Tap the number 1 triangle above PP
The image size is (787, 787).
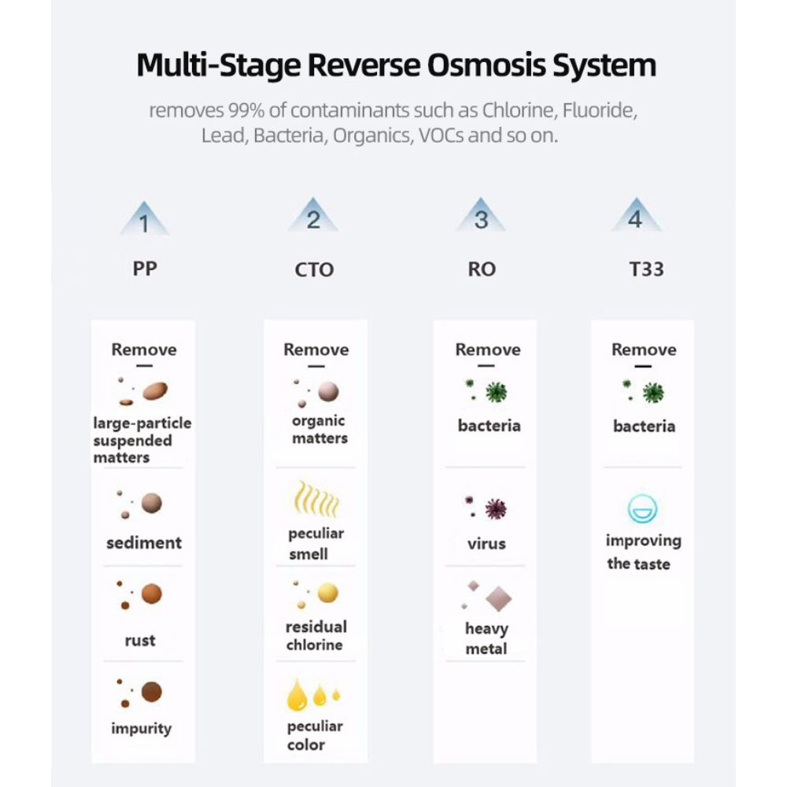pos(144,220)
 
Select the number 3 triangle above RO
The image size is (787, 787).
pos(481,218)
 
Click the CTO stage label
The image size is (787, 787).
pos(314,270)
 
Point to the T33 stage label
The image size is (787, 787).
pos(646,269)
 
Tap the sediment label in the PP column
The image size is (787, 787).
pos(144,542)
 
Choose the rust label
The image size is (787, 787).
pos(140,641)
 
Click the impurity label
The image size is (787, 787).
pos(142,728)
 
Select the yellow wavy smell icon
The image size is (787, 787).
pos(316,499)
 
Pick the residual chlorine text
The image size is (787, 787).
pos(315,636)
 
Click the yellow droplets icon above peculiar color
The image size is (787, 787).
pos(312,694)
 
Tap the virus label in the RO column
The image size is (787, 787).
pos(486,543)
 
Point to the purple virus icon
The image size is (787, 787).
pos(494,508)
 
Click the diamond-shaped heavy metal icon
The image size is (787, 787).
pos(497,599)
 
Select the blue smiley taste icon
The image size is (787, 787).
pos(642,509)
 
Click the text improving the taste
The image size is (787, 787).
pos(642,552)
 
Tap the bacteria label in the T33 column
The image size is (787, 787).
pos(644,426)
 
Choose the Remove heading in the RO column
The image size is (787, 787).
pos(488,349)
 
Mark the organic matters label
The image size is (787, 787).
pos(319,430)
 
